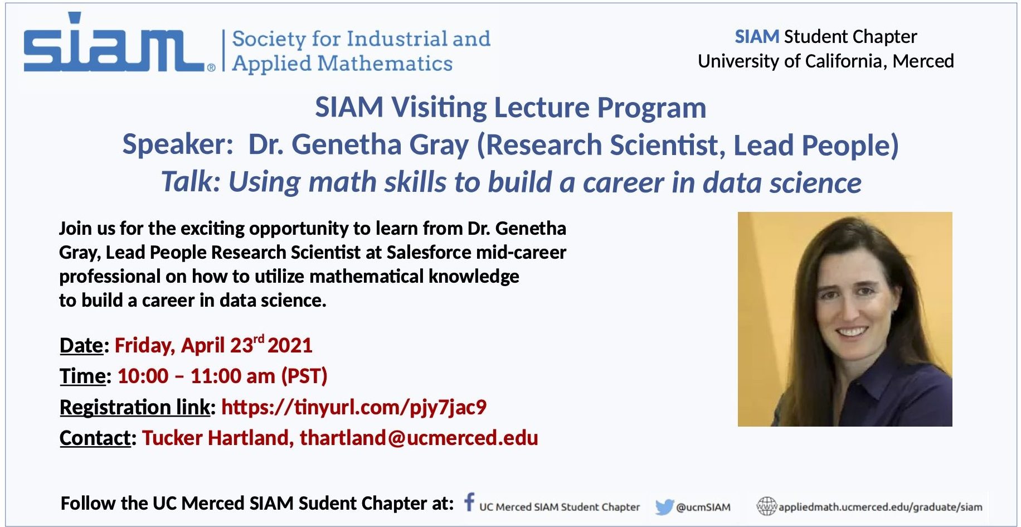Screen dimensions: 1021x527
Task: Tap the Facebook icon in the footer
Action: pos(469,501)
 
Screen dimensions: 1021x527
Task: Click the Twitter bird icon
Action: pos(664,507)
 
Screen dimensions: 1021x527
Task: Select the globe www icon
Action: pos(766,506)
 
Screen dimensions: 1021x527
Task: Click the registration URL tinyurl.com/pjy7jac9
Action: pos(354,407)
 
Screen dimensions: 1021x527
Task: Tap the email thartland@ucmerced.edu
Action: pos(419,438)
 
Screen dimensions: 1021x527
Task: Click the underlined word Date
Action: pos(81,345)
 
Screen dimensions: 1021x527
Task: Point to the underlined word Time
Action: pos(82,376)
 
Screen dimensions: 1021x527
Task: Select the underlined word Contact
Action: pos(95,438)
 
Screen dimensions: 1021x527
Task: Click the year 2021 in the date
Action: pos(290,345)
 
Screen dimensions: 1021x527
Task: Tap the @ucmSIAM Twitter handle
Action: pos(703,507)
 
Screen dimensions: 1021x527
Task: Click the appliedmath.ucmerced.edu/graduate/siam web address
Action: pos(881,507)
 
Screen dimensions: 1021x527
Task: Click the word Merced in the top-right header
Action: pos(923,61)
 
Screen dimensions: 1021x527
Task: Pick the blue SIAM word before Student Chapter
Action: pos(757,37)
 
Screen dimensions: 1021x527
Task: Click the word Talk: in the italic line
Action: pos(191,182)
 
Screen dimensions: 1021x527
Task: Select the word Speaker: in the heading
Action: pos(178,145)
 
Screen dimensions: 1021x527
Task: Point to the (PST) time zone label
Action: pos(304,376)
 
